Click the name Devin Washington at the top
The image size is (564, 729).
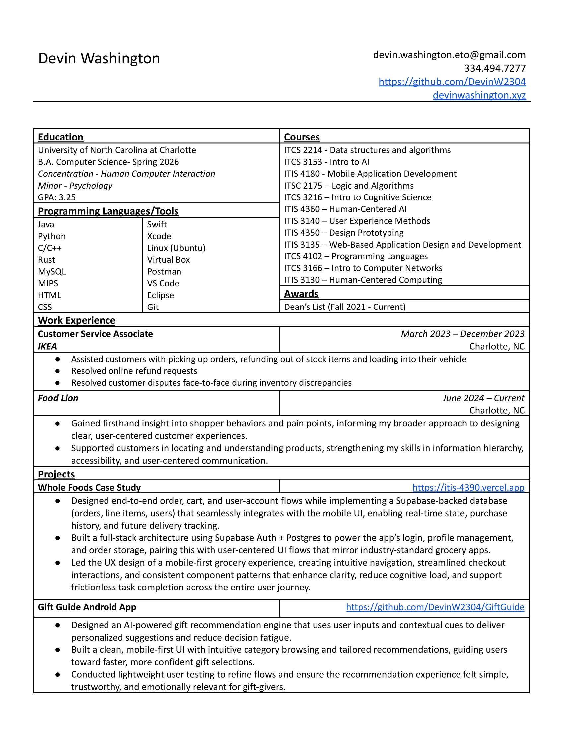coord(99,58)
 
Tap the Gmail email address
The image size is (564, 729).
coord(449,55)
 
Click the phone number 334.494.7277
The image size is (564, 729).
coord(495,68)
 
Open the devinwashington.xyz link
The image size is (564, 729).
coord(479,95)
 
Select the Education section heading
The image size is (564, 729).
coord(60,137)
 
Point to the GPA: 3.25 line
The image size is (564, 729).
coord(57,197)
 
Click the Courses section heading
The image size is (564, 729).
coord(302,137)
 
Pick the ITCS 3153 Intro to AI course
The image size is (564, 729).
coord(326,162)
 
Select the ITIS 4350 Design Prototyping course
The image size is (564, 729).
coord(343,233)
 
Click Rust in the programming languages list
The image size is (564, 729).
coord(46,260)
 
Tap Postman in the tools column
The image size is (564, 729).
coord(164,272)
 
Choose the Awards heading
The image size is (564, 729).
coord(301,294)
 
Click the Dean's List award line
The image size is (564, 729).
coord(344,307)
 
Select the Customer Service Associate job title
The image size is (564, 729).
coord(95,334)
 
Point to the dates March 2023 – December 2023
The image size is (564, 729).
coord(462,334)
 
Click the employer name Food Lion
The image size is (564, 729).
coord(58,398)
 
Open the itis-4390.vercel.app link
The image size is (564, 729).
coord(468,488)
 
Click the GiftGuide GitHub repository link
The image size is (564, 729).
coord(435,607)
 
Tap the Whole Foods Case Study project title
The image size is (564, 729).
coord(89,488)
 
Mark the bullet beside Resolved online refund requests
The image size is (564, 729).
coord(58,371)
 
